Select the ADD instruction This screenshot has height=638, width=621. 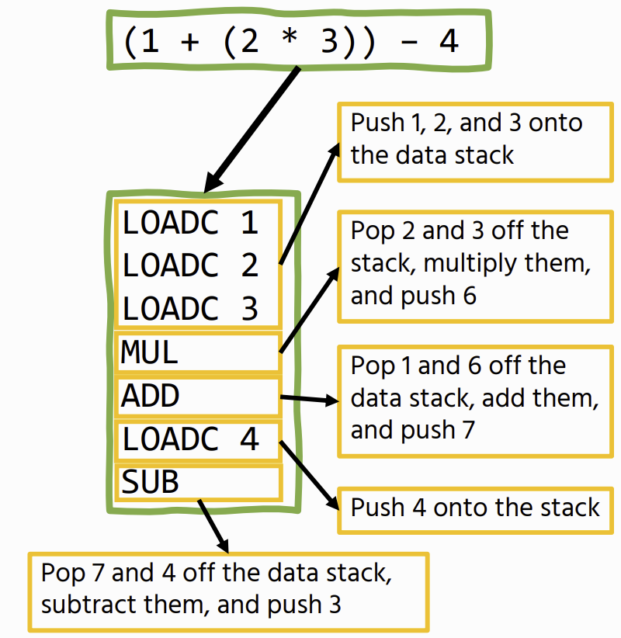point(198,397)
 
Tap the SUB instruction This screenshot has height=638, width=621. point(198,483)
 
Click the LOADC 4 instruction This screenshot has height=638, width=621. point(198,439)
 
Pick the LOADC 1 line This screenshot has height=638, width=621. point(190,224)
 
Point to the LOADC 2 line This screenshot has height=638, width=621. point(190,265)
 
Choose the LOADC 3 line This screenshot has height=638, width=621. point(190,308)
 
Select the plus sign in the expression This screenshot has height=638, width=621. point(189,42)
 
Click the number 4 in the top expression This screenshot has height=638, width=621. point(449,41)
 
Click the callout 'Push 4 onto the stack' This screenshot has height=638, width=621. point(475,508)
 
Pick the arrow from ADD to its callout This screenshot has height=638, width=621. point(309,400)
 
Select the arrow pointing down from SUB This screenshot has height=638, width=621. point(213,525)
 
